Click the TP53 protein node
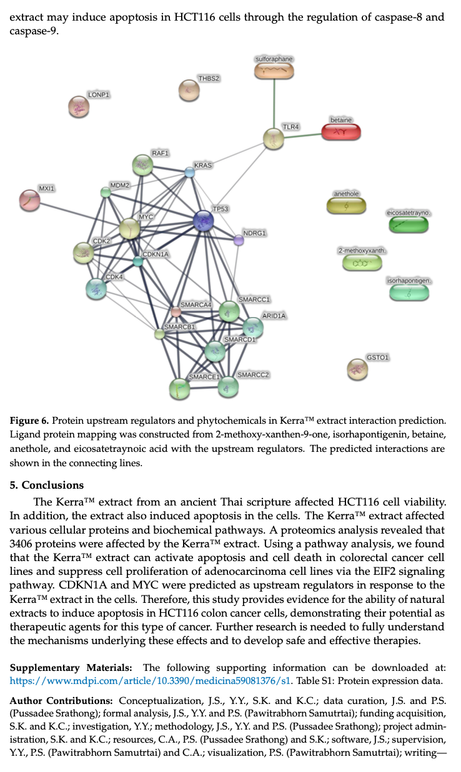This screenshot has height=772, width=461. pos(203,221)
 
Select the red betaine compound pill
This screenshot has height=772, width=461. pos(341,132)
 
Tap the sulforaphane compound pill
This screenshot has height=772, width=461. pos(274,71)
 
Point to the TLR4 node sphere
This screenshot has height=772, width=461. pos(274,139)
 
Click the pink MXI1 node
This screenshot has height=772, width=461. pos(30,200)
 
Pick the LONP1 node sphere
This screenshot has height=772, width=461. pos(79,107)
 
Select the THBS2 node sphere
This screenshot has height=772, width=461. pos(189,90)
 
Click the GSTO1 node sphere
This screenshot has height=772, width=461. pos(357,369)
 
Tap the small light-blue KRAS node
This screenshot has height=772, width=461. pos(190,172)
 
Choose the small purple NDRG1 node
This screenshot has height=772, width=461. pos(239,240)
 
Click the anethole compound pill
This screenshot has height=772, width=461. pos(346,206)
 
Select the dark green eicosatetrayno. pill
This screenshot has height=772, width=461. pos(409,225)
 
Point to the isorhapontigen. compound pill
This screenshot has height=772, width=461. pos(409,293)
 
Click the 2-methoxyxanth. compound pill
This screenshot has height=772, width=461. pos(362,263)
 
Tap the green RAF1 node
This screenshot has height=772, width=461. pos(142,165)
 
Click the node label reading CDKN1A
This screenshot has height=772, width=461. pos(156,255)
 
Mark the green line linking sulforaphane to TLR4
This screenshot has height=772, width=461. pos(274,104)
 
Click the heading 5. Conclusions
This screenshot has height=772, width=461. pos(47,485)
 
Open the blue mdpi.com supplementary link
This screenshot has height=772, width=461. pos(149,681)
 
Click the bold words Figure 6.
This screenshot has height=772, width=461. pos(29,421)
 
